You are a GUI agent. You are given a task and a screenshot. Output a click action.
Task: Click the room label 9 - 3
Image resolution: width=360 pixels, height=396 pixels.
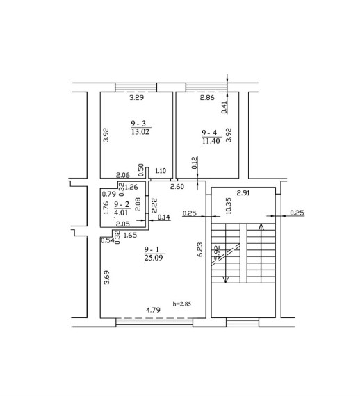138,124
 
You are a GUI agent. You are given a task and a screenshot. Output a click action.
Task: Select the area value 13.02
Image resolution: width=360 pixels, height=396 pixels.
140,131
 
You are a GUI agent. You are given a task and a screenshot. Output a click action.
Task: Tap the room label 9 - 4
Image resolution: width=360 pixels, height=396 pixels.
209,133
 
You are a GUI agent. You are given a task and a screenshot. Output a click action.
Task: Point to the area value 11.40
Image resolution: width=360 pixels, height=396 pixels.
211,141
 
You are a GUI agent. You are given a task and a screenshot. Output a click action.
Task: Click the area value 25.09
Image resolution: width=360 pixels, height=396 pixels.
154,258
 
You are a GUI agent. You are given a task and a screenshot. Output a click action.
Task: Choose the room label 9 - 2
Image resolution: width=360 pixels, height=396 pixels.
122,204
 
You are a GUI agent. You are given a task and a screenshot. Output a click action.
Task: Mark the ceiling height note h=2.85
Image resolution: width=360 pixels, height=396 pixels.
182,304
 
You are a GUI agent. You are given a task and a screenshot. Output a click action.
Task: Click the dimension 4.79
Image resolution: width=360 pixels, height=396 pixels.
154,310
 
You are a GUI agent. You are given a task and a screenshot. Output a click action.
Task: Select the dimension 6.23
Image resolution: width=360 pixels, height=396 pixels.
200,249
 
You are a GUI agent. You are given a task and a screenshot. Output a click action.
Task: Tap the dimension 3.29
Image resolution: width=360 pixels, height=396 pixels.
137,97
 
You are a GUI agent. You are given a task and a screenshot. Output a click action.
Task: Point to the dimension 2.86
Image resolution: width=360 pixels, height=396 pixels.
207,97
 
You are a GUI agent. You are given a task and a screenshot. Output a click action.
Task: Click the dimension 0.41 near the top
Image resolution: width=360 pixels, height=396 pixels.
224,107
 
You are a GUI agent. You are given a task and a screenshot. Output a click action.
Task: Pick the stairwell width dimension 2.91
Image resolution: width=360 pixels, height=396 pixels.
243,193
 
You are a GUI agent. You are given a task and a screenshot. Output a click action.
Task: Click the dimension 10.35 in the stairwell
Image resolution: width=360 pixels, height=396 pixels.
229,206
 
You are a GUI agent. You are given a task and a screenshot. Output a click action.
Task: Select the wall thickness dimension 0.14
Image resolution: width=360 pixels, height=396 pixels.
164,217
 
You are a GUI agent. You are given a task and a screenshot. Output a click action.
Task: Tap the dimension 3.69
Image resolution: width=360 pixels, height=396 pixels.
107,278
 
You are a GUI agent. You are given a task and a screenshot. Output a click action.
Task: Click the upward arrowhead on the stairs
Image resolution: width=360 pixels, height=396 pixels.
261,226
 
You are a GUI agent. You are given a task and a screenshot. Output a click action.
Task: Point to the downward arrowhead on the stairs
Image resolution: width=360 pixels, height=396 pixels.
225,279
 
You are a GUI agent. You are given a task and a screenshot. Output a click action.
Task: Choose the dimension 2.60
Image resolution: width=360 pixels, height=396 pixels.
177,187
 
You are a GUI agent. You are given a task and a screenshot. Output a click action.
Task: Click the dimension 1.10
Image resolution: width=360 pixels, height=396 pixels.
161,171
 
